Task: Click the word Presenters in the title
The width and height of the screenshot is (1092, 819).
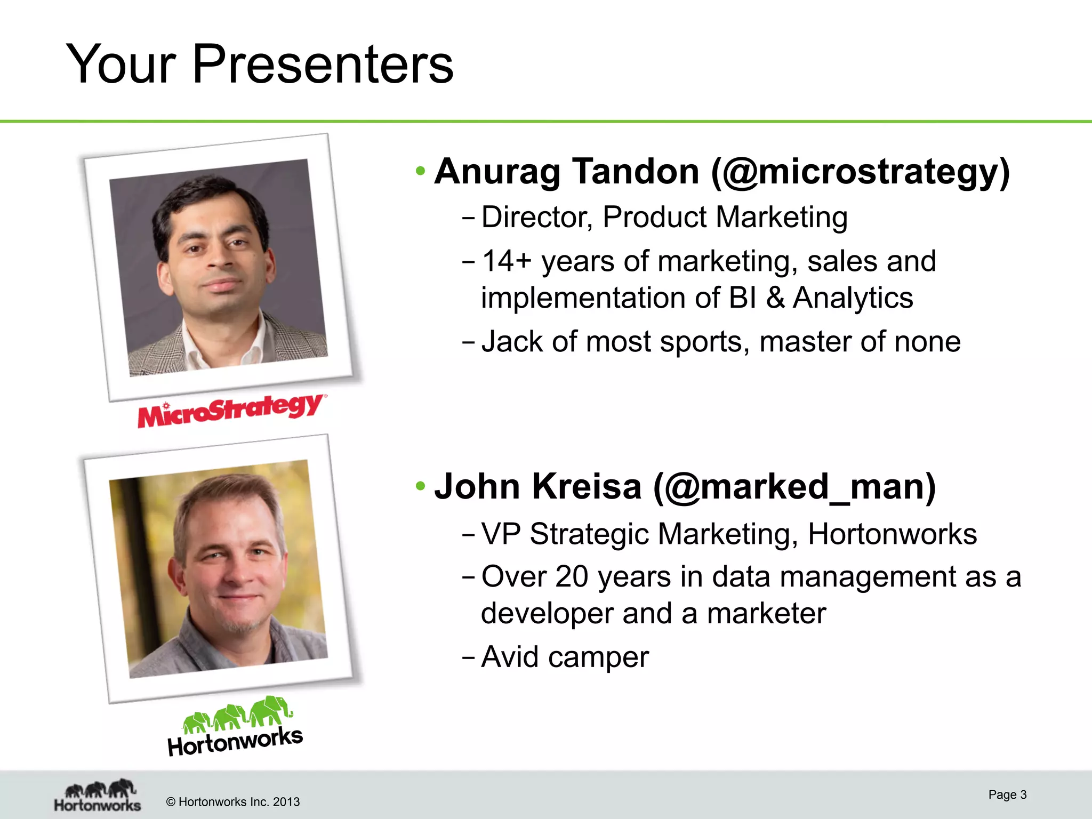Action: (323, 65)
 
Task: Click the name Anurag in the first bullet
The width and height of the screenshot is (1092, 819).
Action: (497, 172)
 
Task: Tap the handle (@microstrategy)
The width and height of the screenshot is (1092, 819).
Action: (860, 173)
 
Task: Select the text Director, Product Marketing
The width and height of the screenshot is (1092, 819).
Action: (664, 218)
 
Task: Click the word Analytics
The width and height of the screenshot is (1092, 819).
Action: (853, 298)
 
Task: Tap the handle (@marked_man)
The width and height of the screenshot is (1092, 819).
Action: (794, 487)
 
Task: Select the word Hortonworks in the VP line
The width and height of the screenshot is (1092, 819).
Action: (892, 534)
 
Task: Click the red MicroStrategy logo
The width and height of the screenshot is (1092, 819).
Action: (230, 411)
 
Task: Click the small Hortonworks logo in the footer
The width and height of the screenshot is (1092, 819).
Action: (98, 796)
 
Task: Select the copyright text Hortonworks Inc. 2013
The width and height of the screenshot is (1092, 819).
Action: (233, 802)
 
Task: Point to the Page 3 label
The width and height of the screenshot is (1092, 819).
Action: (1007, 794)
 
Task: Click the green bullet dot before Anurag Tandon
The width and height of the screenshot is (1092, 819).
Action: (421, 171)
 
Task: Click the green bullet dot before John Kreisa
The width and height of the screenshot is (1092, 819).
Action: (421, 486)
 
